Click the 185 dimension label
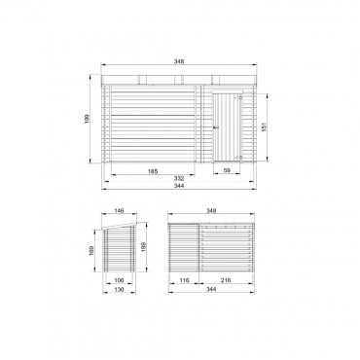153,171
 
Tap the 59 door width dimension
227,170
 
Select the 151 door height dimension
264,127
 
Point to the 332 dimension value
179,178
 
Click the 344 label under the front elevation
179,186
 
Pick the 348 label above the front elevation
179,61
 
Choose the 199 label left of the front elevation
87,119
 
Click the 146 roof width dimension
120,211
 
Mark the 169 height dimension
91,251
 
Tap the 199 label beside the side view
145,247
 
